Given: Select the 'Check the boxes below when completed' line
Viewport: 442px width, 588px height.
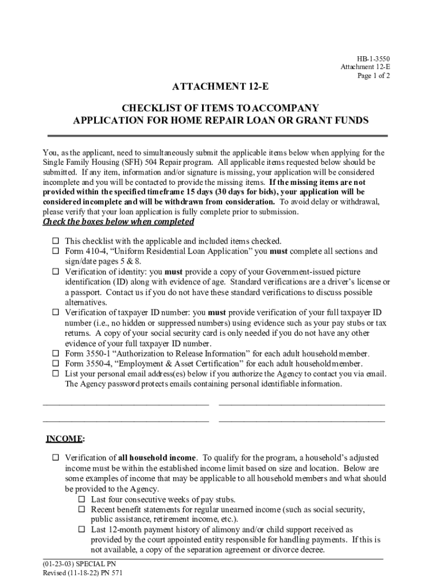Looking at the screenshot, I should coord(118,222).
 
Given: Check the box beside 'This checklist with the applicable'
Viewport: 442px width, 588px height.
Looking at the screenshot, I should coord(56,241).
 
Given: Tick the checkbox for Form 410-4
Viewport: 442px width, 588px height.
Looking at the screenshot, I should coord(56,252).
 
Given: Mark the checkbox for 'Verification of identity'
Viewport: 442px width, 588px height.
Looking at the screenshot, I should coord(56,272).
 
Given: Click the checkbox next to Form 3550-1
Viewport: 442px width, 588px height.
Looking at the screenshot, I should coord(56,354).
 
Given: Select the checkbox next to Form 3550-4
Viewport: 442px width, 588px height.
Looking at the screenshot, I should coord(56,364).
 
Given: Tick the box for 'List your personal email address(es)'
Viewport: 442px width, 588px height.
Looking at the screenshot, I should coord(56,374).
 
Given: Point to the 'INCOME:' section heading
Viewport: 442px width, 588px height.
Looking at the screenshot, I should coord(65,439).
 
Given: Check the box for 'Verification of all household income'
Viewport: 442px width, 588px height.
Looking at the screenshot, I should coord(56,458).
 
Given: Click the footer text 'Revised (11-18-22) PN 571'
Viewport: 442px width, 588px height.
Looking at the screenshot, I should coord(83,574).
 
